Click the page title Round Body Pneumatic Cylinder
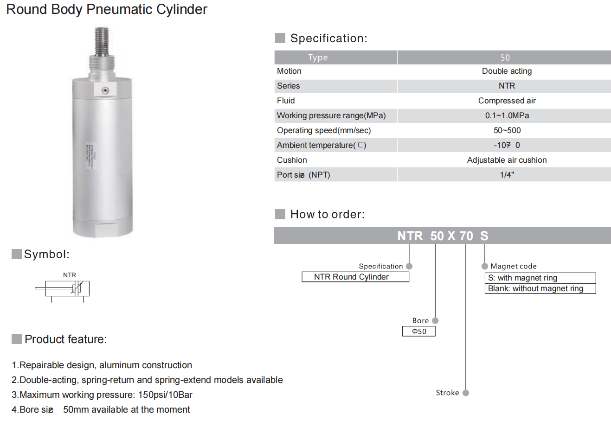[x=107, y=9]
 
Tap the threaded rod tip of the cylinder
[x=102, y=39]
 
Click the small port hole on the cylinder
[x=105, y=90]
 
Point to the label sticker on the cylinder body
[x=89, y=155]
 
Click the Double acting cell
[x=507, y=71]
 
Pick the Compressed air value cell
[x=507, y=101]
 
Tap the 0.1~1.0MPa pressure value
[x=507, y=115]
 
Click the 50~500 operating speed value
[x=507, y=130]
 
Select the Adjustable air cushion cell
[x=507, y=160]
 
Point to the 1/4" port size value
[x=507, y=175]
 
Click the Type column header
[x=318, y=57]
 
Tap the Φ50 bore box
[x=419, y=331]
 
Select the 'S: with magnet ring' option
[x=523, y=278]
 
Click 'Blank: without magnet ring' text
[x=535, y=288]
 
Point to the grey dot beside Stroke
[x=466, y=393]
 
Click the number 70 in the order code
[x=466, y=236]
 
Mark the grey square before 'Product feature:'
[x=17, y=339]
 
